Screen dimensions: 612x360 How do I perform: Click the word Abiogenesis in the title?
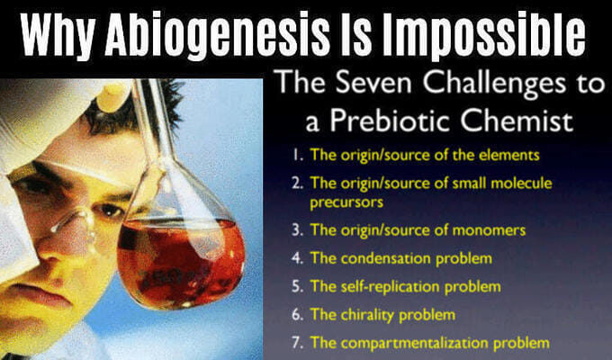217,36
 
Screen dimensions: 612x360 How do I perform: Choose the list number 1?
298,155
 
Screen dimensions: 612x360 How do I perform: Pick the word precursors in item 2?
346,202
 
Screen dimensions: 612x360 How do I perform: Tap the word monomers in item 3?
489,230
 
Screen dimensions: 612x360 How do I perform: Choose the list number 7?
297,343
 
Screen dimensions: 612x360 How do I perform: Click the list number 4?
297,258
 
